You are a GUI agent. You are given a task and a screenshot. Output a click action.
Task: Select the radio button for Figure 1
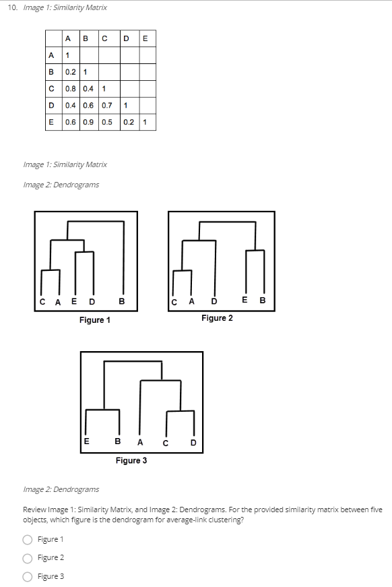coord(28,539)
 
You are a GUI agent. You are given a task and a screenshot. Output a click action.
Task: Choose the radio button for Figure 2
coord(28,557)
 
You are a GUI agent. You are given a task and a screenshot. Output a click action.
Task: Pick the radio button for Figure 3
coord(28,576)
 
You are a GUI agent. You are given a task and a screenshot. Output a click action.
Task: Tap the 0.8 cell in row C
coord(70,88)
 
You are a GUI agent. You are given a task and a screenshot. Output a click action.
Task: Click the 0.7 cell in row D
coord(107,105)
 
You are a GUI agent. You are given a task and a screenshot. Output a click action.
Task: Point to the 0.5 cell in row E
coord(107,122)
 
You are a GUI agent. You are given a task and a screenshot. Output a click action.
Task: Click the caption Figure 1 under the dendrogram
coord(94,320)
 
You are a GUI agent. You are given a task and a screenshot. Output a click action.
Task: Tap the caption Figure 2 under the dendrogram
coord(217,317)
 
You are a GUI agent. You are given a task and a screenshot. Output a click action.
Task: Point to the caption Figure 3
coord(131,460)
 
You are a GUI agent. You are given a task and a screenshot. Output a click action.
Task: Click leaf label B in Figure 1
coord(121,301)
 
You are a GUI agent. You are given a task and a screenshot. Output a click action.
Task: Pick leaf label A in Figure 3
coord(140,443)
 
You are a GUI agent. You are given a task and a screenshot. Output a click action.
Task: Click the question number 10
coord(13,7)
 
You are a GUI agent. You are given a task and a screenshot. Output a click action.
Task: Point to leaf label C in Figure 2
coord(174,301)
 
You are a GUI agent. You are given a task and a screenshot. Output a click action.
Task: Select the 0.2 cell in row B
coord(70,71)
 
